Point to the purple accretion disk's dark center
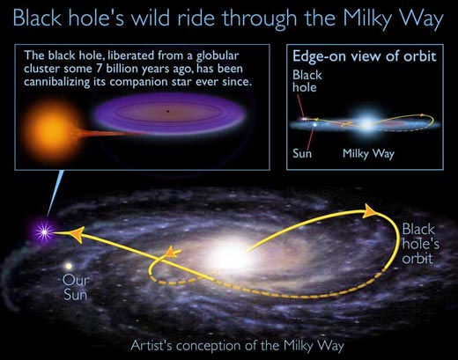click(x=167, y=112)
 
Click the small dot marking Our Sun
click(x=68, y=264)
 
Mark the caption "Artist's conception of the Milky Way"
click(x=228, y=345)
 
